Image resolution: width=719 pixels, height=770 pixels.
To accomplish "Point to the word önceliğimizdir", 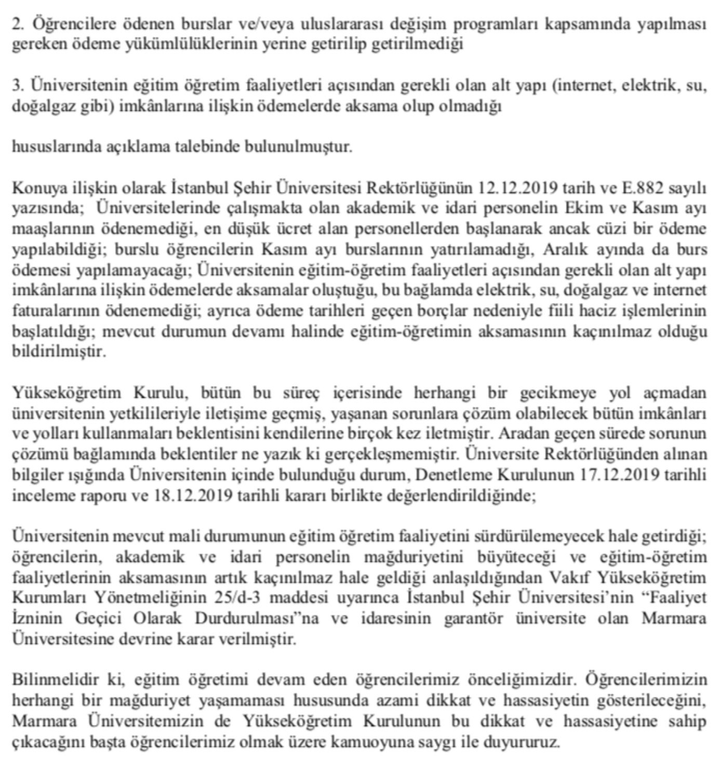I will click(522, 680).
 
